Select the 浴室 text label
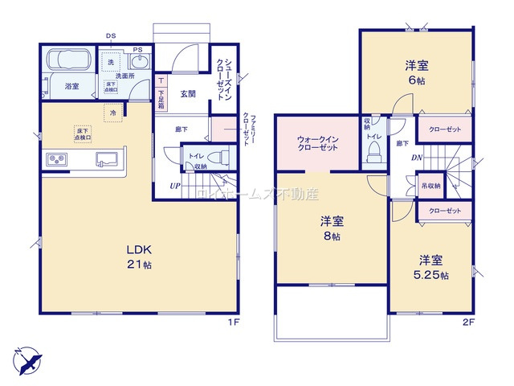tap(71, 86)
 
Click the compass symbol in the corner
tap(26, 358)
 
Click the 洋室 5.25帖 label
tap(432, 266)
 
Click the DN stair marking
tap(418, 158)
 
